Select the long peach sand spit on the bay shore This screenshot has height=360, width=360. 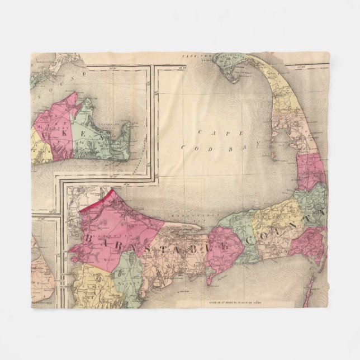click(x=179, y=225)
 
